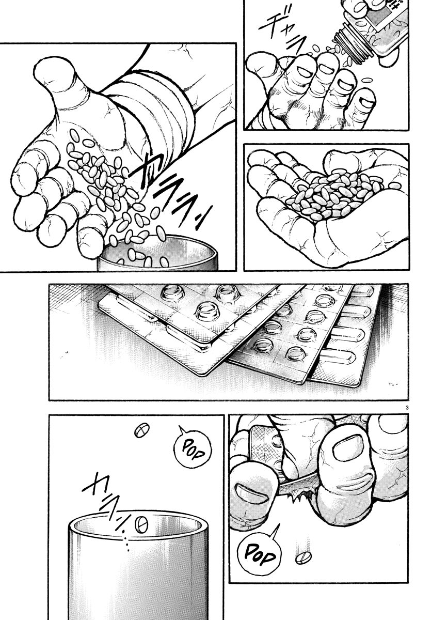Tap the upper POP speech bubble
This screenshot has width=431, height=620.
pyautogui.click(x=196, y=447)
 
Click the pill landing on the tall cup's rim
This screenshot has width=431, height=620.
pyautogui.click(x=141, y=524)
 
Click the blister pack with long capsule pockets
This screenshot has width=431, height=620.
pyautogui.click(x=351, y=336)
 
